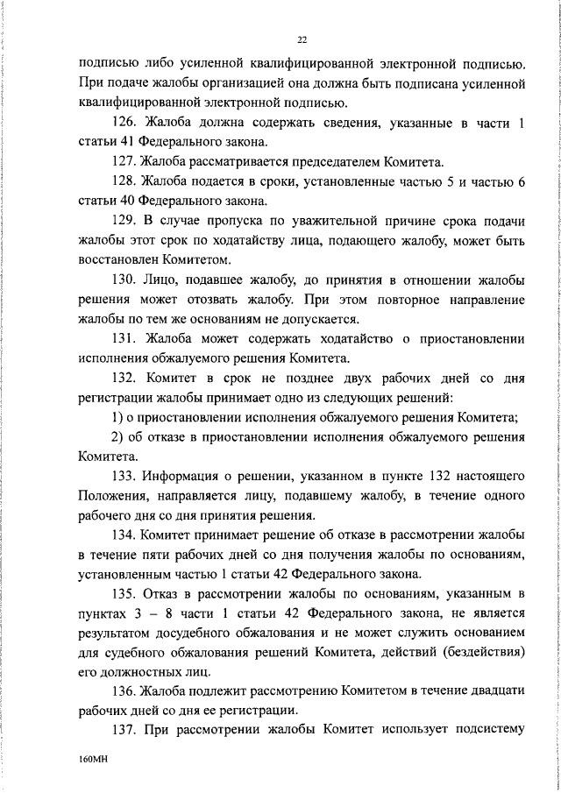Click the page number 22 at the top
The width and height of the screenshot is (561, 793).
click(x=302, y=39)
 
